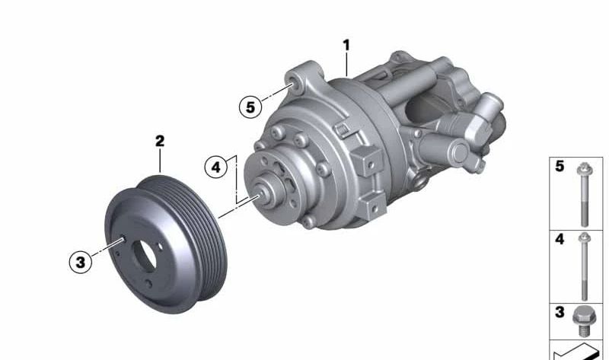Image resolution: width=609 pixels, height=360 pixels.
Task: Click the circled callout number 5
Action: pos(250,107)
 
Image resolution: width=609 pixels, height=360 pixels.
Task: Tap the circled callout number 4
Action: pos(216,167)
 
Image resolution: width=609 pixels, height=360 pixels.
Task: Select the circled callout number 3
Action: pos(81,262)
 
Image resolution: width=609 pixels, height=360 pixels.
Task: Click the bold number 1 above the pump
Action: pos(346,45)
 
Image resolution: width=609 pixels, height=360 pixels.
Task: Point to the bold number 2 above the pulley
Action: pos(160,141)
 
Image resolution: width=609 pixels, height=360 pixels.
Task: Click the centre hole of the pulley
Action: pos(145,256)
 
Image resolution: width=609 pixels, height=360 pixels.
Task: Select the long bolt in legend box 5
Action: pos(584,194)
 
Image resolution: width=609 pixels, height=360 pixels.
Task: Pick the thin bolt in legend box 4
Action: pos(584,266)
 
